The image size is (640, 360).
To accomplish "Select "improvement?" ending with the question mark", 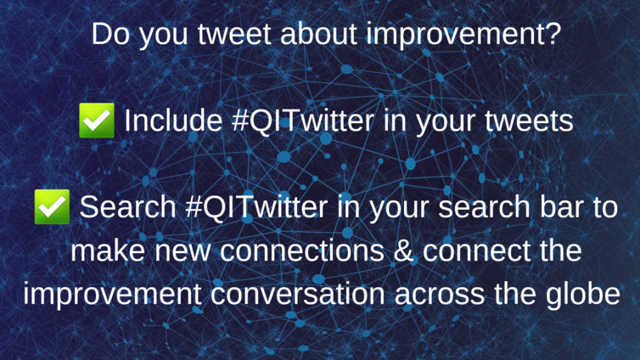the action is tap(464, 36).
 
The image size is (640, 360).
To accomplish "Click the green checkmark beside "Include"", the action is tap(97, 121).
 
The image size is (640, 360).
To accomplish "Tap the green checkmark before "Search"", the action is tap(52, 206).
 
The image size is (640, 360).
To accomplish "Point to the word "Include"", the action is tap(173, 121).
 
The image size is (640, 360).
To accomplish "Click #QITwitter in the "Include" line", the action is tap(302, 121).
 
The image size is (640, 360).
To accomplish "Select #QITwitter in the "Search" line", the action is tap(256, 207).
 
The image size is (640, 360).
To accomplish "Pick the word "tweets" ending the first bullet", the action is tap(529, 121).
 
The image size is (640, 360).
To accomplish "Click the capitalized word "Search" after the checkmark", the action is tap(128, 207).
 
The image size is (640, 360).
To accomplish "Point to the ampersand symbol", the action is tap(404, 250).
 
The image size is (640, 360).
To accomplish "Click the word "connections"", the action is tap(302, 250).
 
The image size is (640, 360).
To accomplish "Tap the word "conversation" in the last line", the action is tap(298, 294).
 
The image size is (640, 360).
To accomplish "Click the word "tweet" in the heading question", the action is tap(234, 35).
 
